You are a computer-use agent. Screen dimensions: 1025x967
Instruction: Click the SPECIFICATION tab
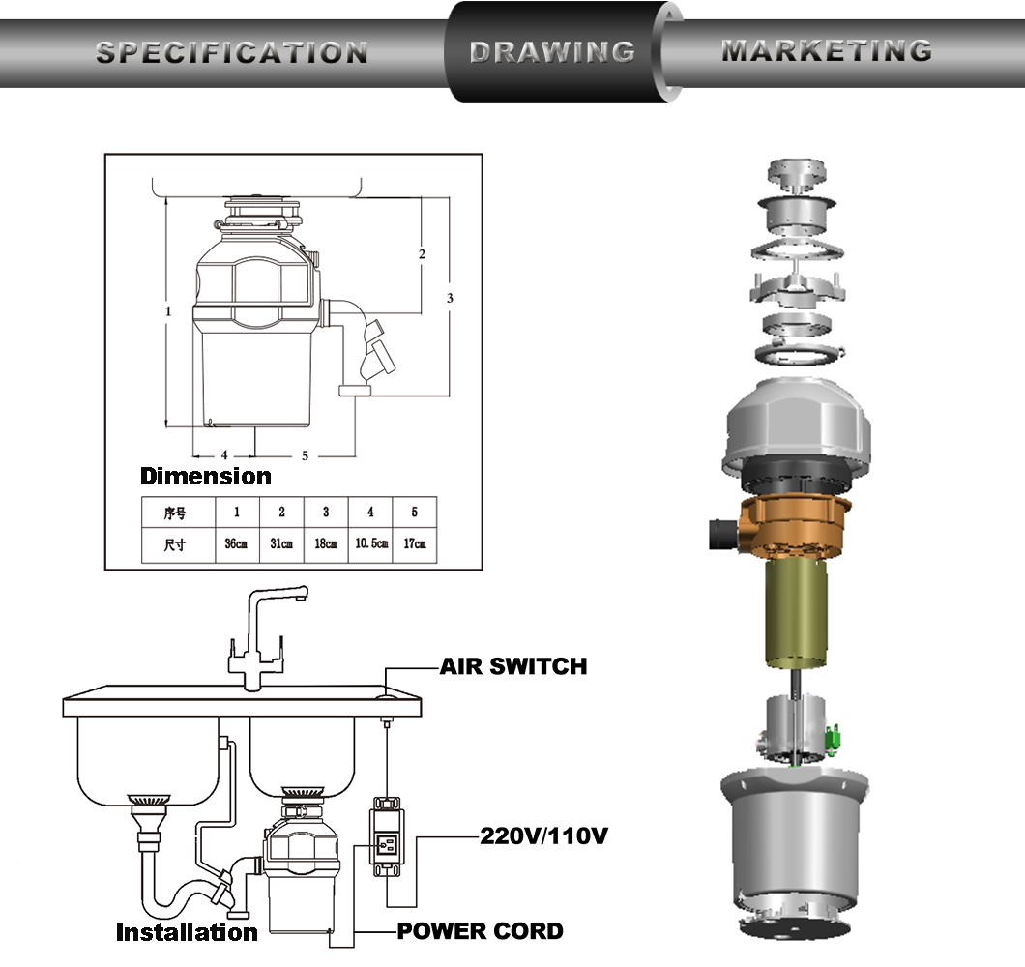231,53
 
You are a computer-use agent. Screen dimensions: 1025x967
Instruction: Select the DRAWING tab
552,52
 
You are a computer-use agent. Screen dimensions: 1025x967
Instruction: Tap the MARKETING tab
827,51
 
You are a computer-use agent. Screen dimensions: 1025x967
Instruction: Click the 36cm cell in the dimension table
237,544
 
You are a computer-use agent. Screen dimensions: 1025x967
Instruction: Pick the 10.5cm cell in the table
370,544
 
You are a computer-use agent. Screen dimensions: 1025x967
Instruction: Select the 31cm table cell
281,544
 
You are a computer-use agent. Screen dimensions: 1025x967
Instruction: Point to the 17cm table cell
415,544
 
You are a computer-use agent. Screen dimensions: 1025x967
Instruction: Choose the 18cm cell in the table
326,544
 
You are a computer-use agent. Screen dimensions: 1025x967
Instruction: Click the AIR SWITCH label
513,666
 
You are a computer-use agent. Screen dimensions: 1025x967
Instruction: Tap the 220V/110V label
543,835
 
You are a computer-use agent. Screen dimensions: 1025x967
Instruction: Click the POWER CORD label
480,931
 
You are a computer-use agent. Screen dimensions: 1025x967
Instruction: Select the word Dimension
206,476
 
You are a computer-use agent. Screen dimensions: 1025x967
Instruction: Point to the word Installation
187,932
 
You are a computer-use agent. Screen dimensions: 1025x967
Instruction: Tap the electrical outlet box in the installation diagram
387,836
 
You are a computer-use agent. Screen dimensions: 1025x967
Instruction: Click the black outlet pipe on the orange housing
723,534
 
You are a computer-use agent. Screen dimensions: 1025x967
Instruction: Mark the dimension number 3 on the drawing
450,298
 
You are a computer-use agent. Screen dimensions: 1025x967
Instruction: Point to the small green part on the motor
834,739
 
